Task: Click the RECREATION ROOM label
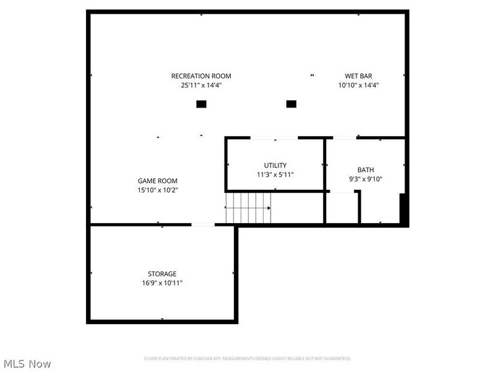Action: [x=201, y=76]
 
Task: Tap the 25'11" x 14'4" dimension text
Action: [x=201, y=86]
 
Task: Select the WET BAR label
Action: [x=358, y=76]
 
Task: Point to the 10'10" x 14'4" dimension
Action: [x=358, y=86]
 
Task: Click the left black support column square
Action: [x=201, y=104]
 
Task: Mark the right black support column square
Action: [x=291, y=104]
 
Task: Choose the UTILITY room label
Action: [x=275, y=165]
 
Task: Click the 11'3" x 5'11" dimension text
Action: [x=275, y=175]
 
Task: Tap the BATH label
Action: [x=366, y=170]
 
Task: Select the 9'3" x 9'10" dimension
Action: [x=366, y=180]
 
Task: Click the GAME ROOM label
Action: [x=158, y=181]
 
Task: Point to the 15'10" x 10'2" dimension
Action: [x=158, y=190]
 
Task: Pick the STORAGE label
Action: [x=162, y=273]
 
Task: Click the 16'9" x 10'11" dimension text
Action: [x=162, y=283]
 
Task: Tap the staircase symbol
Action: [x=248, y=208]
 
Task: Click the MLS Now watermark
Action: [x=27, y=364]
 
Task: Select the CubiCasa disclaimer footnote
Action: [x=247, y=359]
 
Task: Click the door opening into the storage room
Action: [x=203, y=224]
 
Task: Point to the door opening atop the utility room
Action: [x=273, y=137]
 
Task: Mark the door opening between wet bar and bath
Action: [x=345, y=137]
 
